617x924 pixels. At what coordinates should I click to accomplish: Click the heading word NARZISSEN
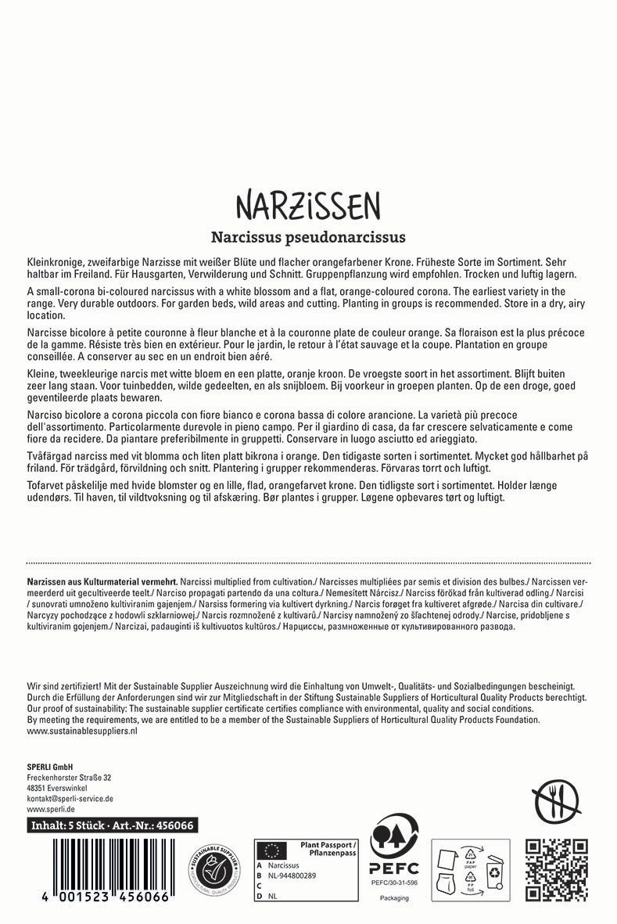pos(308,205)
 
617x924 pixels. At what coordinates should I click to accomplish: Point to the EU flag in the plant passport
pos(272,848)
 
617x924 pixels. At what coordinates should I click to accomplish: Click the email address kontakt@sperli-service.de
pos(70,799)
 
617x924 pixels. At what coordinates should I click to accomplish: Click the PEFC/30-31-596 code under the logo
pos(394,882)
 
